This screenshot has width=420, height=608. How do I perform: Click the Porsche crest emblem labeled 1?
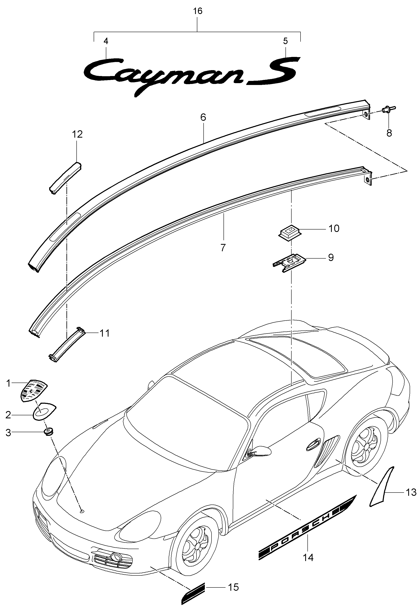point(34,390)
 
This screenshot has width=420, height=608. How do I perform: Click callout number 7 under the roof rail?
point(223,247)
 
